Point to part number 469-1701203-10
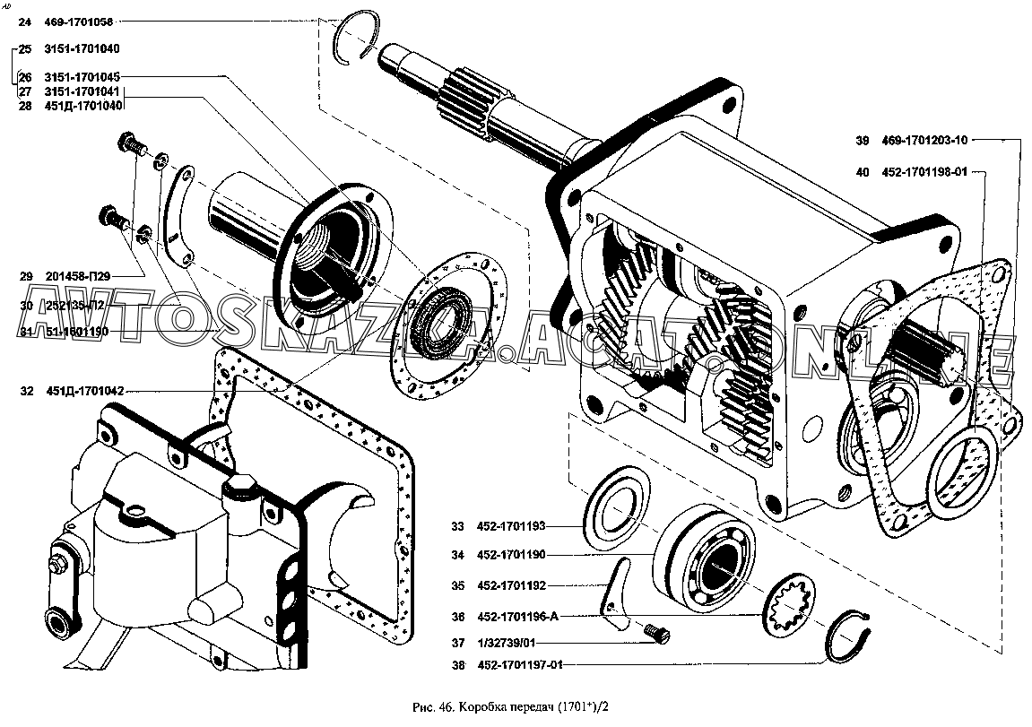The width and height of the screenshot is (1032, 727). click(923, 141)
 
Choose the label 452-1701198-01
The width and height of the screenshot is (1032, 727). click(922, 173)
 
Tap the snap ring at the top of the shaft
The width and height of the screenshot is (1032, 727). click(357, 39)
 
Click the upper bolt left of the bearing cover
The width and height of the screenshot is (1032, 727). click(131, 146)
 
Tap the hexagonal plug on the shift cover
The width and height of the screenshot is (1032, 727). click(239, 491)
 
